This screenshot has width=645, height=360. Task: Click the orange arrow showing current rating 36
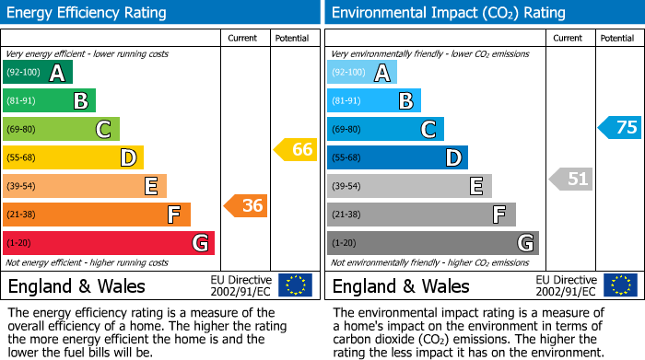(x=246, y=206)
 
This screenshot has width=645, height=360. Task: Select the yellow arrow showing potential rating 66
(x=296, y=149)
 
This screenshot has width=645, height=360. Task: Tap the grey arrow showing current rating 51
(x=571, y=179)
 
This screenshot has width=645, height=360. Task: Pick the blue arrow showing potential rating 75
(x=620, y=128)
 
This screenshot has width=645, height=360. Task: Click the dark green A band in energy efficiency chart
(x=37, y=73)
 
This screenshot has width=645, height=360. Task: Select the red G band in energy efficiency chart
(x=108, y=243)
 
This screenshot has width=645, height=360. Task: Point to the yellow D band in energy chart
(x=73, y=158)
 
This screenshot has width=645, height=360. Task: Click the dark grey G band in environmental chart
(x=432, y=243)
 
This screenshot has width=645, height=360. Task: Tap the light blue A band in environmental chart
(x=362, y=73)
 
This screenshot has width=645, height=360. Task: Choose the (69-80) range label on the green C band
(x=21, y=130)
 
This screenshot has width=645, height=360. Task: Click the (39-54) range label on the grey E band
(x=346, y=187)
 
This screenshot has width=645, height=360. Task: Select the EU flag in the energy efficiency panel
(x=295, y=285)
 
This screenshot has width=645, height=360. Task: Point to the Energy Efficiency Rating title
(x=88, y=13)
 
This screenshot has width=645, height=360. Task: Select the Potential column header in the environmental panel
(x=617, y=38)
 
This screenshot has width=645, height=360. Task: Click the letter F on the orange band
(x=173, y=215)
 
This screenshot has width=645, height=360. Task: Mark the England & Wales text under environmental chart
(x=401, y=285)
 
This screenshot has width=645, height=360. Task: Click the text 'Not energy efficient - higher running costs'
(x=88, y=262)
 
